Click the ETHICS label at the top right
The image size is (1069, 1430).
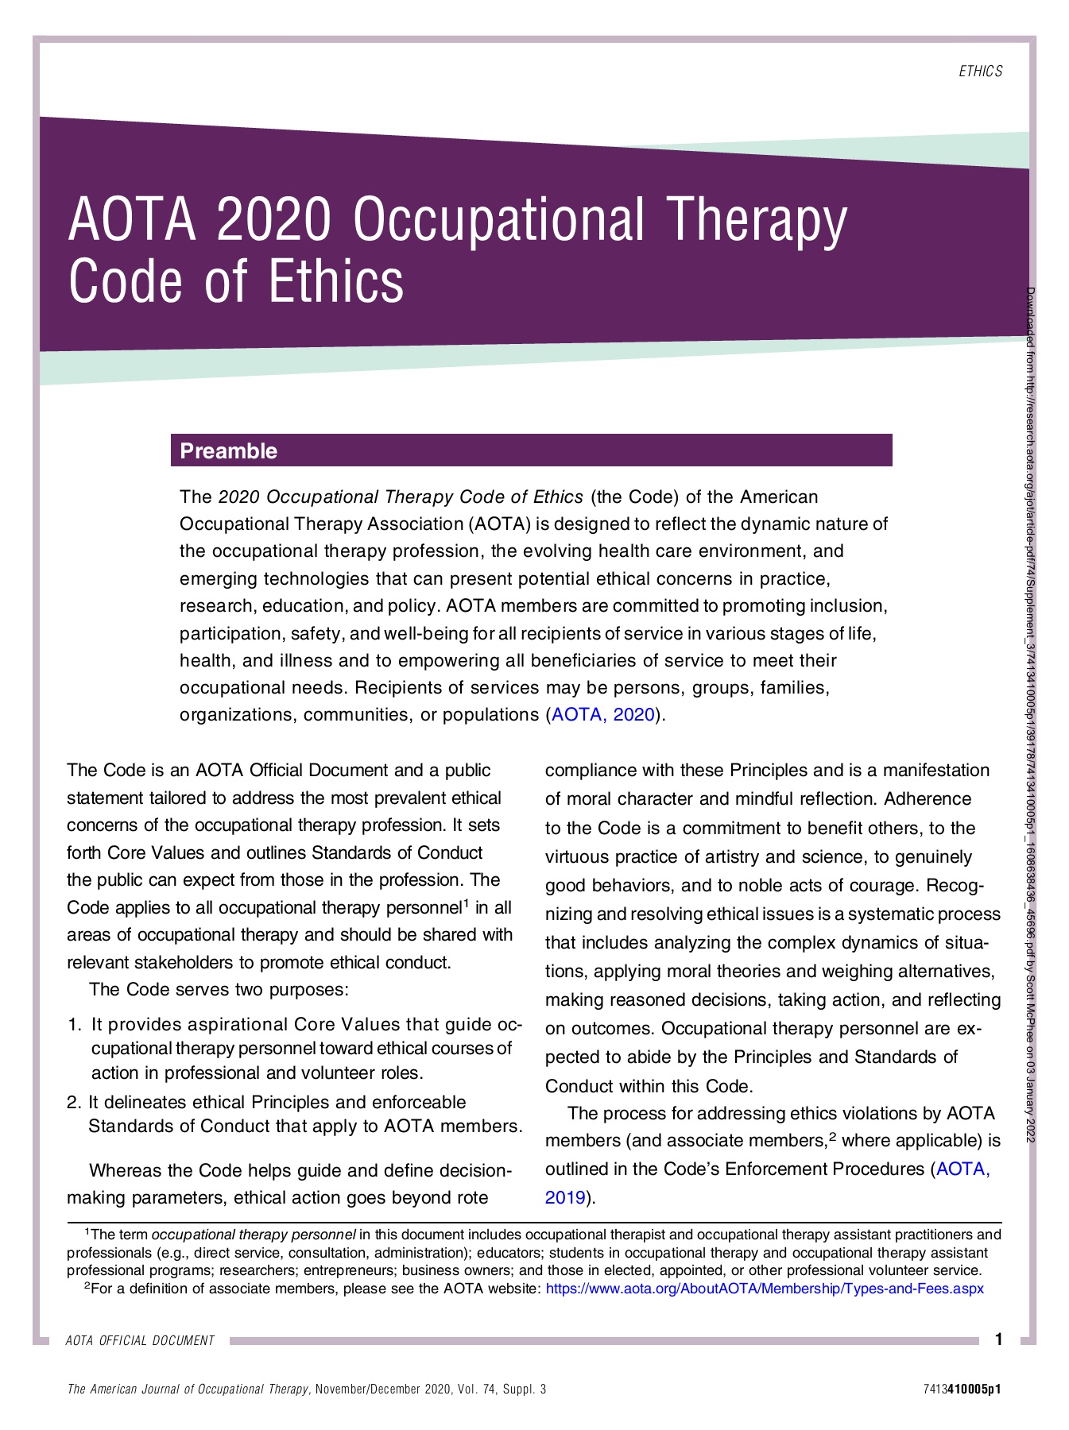click(x=980, y=71)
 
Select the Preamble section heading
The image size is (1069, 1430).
click(x=229, y=451)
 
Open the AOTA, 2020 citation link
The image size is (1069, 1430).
click(x=603, y=714)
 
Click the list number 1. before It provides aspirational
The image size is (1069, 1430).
click(x=75, y=1025)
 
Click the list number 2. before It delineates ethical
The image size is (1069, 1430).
click(x=74, y=1102)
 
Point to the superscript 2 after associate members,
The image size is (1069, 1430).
click(x=832, y=1136)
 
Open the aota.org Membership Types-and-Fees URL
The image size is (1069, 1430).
click(x=765, y=1288)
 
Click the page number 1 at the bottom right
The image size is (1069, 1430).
click(x=998, y=1339)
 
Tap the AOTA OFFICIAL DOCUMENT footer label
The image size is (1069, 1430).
click(x=140, y=1341)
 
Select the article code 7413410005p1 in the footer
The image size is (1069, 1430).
click(x=962, y=1389)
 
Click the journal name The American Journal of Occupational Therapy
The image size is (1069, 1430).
click(x=188, y=1389)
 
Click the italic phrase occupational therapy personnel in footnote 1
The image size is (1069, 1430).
click(x=254, y=1235)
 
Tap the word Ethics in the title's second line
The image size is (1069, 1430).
click(x=336, y=282)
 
